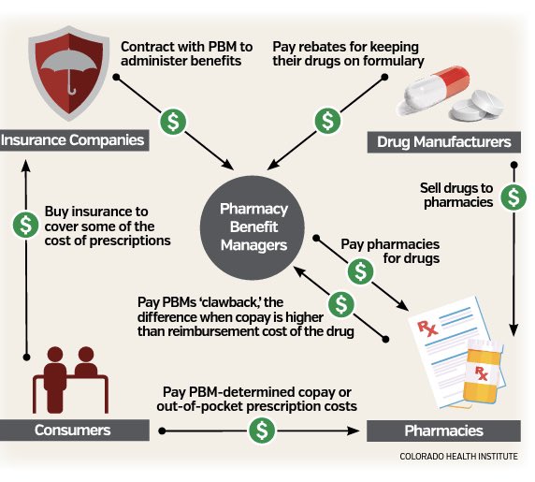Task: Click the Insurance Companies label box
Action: (x=75, y=140)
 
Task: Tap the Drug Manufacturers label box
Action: (x=444, y=142)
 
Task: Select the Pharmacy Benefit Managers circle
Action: (x=253, y=227)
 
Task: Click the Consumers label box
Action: (x=75, y=431)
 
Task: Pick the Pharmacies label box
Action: (x=443, y=431)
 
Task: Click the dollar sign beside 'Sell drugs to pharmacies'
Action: (x=513, y=197)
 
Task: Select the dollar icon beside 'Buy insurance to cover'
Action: (x=25, y=225)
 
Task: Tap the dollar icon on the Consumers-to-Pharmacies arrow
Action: (x=262, y=431)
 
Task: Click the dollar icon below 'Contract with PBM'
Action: (x=173, y=122)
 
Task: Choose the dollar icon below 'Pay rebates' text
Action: (x=327, y=121)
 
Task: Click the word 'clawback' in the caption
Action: (x=233, y=302)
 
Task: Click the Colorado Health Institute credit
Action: (x=458, y=457)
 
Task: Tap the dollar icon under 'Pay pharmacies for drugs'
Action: (x=361, y=271)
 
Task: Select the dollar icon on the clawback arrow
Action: (x=341, y=304)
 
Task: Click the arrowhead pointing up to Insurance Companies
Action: (x=26, y=166)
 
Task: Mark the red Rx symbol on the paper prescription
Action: (x=427, y=328)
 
